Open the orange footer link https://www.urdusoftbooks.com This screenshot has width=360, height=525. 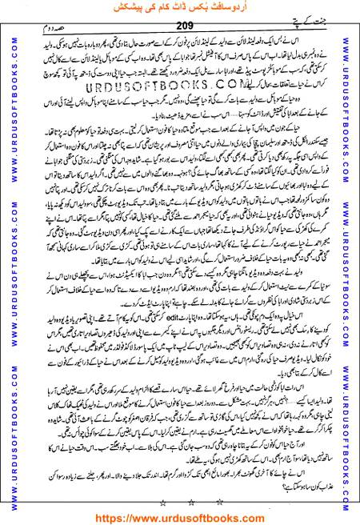(180, 516)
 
